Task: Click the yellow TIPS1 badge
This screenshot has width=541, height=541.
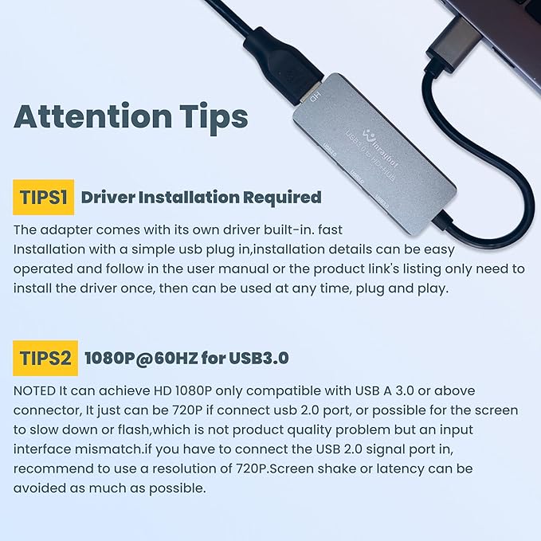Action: (43, 196)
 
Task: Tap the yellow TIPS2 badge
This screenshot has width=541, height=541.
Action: (45, 358)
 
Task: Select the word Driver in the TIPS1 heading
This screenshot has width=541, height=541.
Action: (107, 197)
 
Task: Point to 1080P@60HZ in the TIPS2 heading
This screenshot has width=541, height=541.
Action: (140, 359)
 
